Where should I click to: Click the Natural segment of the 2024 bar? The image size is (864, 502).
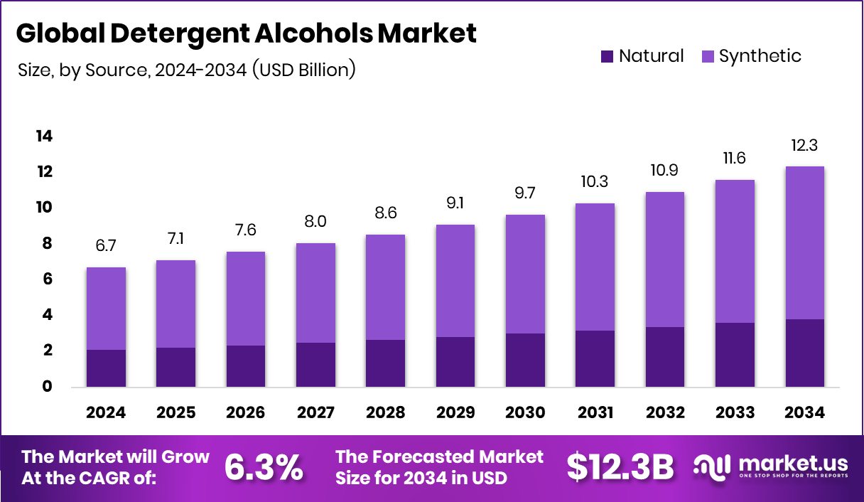pyautogui.click(x=106, y=368)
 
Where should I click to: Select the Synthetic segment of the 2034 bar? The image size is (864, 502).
pyautogui.click(x=805, y=242)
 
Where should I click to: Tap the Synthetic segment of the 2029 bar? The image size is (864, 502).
pyautogui.click(x=455, y=281)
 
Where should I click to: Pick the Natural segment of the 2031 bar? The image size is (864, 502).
pyautogui.click(x=595, y=358)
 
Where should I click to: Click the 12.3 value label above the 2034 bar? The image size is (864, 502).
pyautogui.click(x=805, y=146)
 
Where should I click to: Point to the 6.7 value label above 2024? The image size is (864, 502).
pyautogui.click(x=106, y=247)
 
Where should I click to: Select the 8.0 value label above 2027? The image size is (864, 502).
pyautogui.click(x=315, y=223)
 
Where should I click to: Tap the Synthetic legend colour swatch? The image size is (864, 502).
pyautogui.click(x=708, y=56)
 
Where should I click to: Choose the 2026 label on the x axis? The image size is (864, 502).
pyautogui.click(x=246, y=413)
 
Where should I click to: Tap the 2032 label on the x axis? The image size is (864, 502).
pyautogui.click(x=665, y=413)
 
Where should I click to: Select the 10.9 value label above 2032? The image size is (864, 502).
pyautogui.click(x=665, y=172)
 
